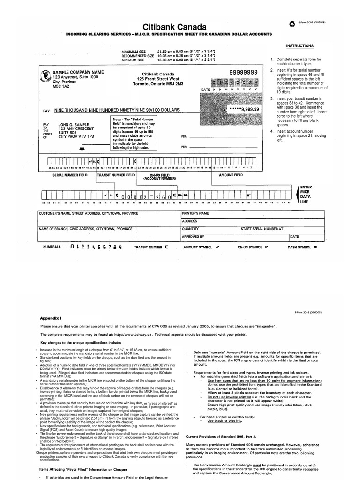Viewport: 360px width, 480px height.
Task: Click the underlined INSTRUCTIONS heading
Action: [300, 46]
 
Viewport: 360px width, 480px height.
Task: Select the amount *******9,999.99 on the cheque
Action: [244, 109]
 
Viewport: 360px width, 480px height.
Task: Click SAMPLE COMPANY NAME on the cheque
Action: [78, 72]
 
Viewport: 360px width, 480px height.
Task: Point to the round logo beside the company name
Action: [45, 76]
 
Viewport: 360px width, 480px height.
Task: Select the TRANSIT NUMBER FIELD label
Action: [116, 175]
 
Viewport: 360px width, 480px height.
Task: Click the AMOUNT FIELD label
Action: [231, 175]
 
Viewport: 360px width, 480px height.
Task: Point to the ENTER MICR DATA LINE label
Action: [306, 194]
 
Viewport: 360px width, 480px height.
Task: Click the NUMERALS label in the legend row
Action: [52, 246]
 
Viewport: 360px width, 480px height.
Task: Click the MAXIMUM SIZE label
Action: [134, 51]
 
